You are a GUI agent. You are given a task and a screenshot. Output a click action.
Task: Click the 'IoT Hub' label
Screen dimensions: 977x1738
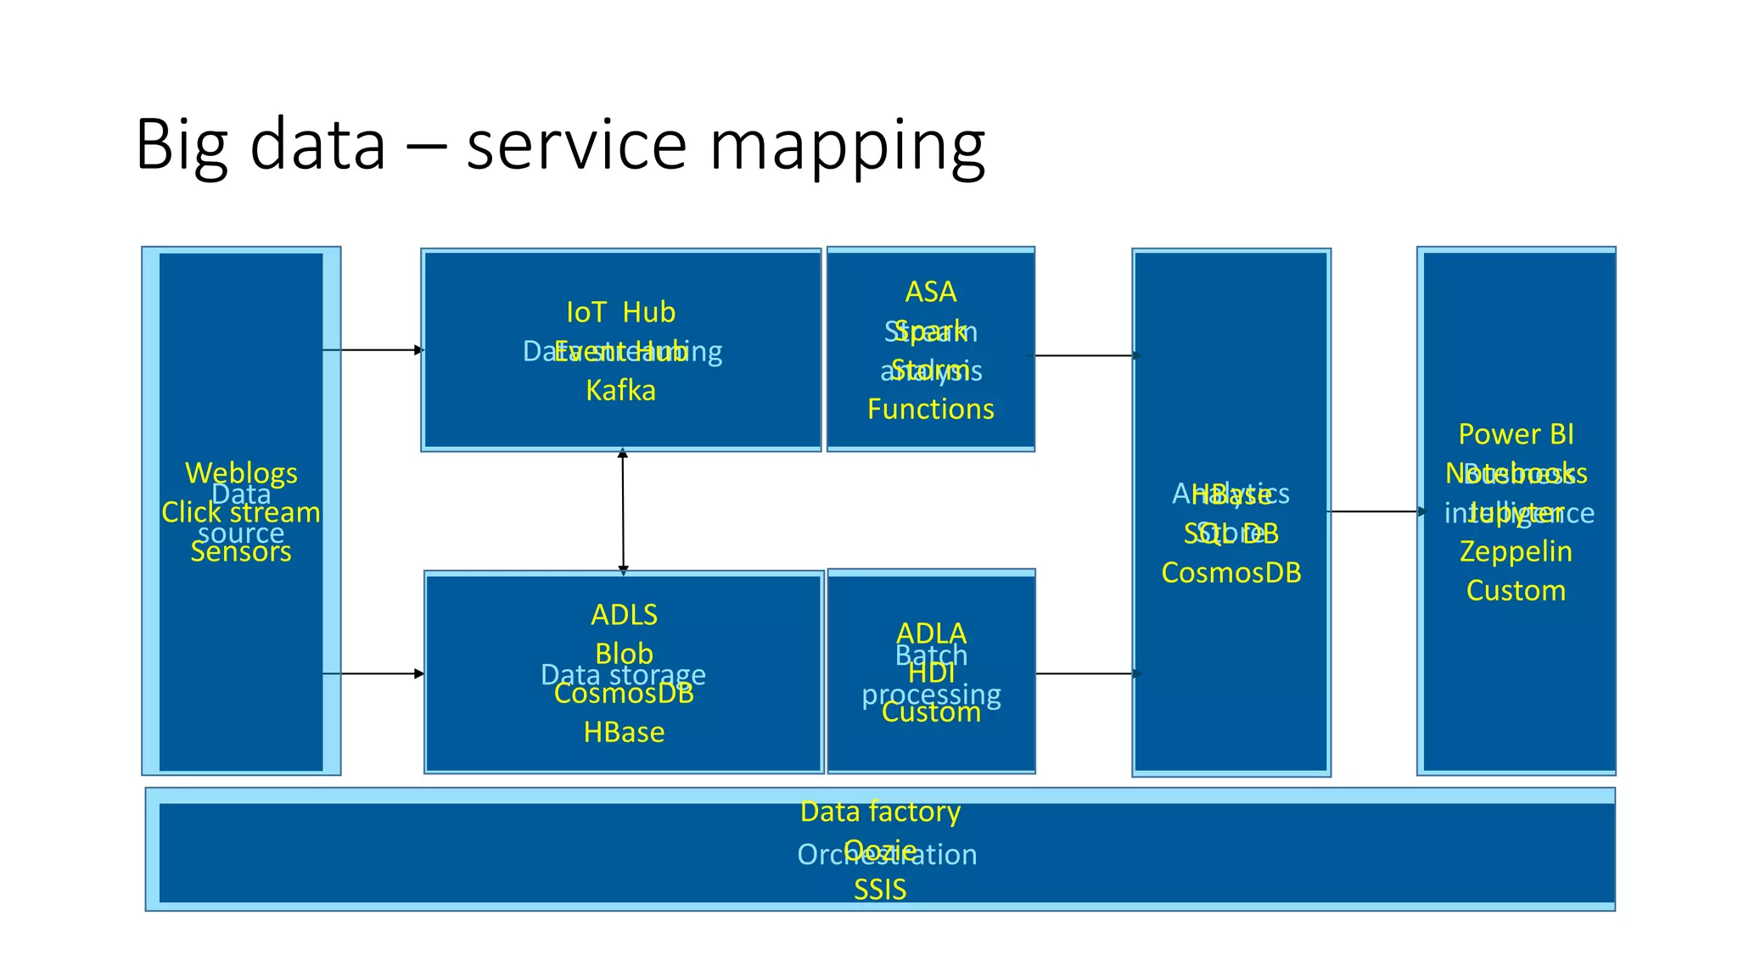point(620,312)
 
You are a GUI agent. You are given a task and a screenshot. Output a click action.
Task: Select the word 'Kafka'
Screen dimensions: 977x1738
point(620,390)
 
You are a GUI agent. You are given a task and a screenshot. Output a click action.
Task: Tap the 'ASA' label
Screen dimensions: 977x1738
point(930,292)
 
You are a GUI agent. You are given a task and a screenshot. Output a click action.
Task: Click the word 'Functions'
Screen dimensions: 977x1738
point(930,409)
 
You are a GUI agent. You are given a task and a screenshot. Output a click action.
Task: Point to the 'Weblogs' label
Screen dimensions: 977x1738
point(241,472)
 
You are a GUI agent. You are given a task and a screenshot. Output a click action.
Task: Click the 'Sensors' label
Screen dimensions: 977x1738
point(241,552)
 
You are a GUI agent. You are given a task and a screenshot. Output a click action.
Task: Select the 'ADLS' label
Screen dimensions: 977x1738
point(624,614)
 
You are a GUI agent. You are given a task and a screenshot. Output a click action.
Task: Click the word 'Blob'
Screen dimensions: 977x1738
point(624,653)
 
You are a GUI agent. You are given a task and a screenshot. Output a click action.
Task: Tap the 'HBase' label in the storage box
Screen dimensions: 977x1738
point(624,732)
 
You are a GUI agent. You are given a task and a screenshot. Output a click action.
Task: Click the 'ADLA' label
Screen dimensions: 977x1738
point(931,633)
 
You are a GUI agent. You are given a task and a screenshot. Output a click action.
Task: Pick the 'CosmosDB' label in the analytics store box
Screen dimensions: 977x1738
point(1231,572)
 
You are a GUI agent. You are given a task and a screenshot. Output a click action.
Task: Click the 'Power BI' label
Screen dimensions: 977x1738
point(1516,434)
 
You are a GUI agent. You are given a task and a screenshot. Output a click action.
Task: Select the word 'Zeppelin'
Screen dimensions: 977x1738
point(1516,551)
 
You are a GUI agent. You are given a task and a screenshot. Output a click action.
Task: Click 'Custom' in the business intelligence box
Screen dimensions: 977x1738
point(1516,590)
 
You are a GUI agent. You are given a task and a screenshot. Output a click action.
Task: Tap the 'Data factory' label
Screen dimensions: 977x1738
point(880,812)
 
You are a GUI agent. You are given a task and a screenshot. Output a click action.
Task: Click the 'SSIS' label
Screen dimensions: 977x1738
point(880,890)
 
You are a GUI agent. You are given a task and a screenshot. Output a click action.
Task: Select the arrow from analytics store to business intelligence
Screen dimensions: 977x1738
point(1375,511)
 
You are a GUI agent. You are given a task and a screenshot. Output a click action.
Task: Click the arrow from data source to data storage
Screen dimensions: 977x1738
point(373,673)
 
